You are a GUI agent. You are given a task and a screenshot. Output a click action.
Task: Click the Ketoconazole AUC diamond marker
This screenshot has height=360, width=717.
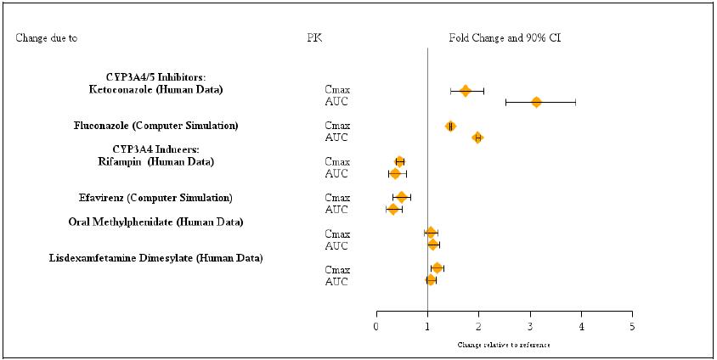click(536, 102)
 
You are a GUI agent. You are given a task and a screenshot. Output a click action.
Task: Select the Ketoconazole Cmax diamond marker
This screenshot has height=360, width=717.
click(465, 91)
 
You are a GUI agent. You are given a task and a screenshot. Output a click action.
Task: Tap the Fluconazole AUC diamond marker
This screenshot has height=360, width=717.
click(477, 138)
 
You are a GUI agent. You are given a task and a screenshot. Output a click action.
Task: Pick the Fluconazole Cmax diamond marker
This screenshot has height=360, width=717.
click(450, 127)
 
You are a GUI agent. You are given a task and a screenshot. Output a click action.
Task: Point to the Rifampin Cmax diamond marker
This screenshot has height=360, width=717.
click(399, 161)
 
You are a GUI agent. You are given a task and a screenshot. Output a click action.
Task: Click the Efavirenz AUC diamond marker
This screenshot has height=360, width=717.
click(392, 209)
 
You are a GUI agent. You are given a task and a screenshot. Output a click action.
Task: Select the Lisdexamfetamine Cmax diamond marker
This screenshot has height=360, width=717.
click(437, 268)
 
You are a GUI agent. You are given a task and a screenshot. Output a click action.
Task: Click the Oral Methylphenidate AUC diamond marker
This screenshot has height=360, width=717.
click(433, 245)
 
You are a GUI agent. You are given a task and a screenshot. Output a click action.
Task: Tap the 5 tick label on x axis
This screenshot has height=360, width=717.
click(632, 326)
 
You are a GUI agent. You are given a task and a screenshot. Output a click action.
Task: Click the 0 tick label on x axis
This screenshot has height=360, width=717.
click(376, 326)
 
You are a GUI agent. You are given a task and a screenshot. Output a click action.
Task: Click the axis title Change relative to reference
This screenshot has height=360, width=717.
click(503, 346)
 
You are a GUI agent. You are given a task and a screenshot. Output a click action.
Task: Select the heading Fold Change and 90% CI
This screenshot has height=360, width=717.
click(505, 38)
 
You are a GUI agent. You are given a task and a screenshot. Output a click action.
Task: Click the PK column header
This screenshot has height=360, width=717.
click(314, 38)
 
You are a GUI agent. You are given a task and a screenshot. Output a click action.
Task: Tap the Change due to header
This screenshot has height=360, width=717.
click(52, 38)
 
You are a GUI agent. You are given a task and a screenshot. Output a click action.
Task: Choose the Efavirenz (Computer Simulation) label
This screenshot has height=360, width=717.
click(155, 198)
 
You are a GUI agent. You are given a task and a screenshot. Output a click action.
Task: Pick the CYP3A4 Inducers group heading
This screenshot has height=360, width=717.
click(152, 149)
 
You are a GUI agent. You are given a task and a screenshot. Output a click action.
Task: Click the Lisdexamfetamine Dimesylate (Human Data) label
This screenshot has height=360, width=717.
click(155, 257)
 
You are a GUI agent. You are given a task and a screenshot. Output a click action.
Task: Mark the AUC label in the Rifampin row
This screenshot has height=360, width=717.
click(336, 174)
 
